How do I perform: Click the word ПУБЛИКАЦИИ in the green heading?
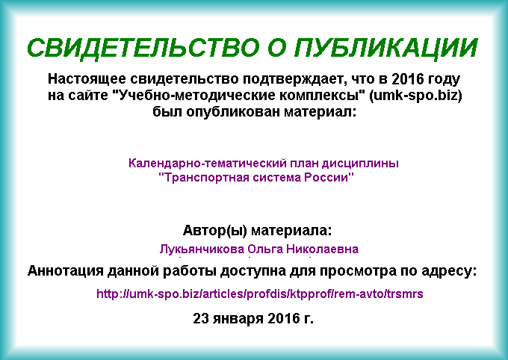[x=386, y=49]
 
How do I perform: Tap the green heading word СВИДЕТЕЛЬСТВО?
[x=143, y=49]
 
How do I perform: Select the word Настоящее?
[x=87, y=79]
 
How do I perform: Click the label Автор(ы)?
[x=215, y=231]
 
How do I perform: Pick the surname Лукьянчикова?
[x=202, y=249]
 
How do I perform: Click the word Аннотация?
[x=65, y=270]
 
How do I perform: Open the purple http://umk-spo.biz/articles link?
[x=259, y=294]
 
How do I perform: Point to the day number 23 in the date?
[x=200, y=318]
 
